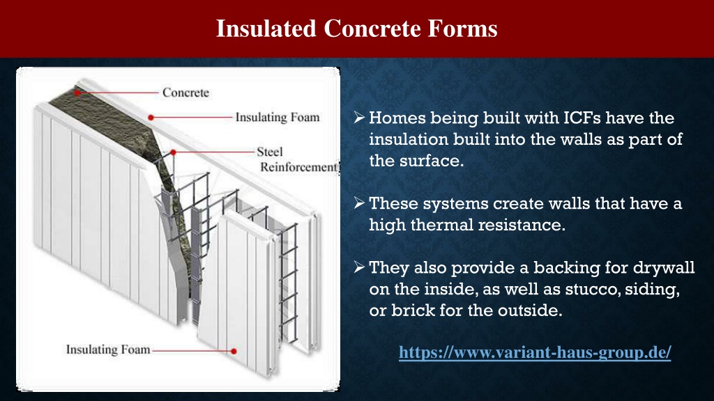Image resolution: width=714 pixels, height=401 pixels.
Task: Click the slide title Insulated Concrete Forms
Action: pyautogui.click(x=356, y=28)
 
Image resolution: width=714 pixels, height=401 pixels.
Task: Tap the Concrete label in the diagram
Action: pyautogui.click(x=185, y=93)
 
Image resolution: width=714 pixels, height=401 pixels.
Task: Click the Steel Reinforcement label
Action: pyautogui.click(x=299, y=159)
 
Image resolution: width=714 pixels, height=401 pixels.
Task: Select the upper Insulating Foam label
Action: pyautogui.click(x=278, y=117)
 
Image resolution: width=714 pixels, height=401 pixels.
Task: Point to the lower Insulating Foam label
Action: pyautogui.click(x=108, y=349)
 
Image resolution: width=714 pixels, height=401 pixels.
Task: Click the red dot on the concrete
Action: pyautogui.click(x=78, y=93)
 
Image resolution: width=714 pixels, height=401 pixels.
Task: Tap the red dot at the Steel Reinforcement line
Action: pyautogui.click(x=174, y=152)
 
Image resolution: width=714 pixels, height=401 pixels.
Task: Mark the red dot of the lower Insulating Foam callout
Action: pyautogui.click(x=234, y=351)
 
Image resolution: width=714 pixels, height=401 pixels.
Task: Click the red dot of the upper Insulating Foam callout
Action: pyautogui.click(x=151, y=117)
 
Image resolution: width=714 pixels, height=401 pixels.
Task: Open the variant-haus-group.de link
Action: pyautogui.click(x=535, y=352)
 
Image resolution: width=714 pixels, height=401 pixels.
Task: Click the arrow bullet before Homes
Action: pyautogui.click(x=359, y=117)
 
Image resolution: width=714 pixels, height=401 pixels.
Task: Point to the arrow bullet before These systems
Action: pyautogui.click(x=359, y=203)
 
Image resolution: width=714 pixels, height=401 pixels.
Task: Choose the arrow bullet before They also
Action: pyautogui.click(x=359, y=267)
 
